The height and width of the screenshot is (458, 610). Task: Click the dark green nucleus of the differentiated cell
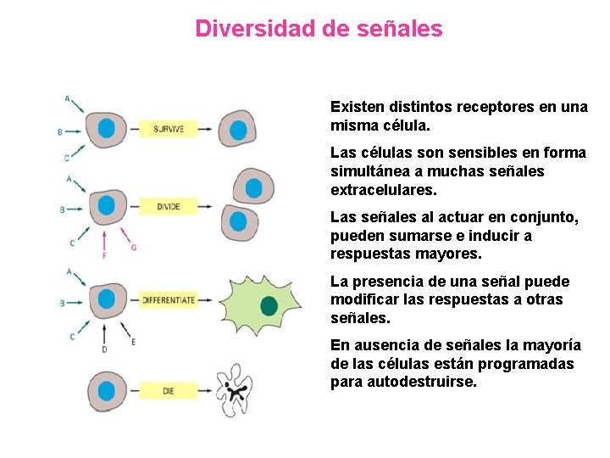click(x=269, y=306)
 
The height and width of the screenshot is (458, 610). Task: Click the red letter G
click(x=134, y=247)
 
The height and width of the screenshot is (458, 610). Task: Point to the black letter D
click(x=103, y=349)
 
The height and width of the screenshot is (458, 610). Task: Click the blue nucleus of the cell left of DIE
click(x=107, y=391)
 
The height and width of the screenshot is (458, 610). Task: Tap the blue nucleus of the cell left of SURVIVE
click(x=107, y=129)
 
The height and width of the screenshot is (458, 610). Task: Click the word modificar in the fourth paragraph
click(x=364, y=299)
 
